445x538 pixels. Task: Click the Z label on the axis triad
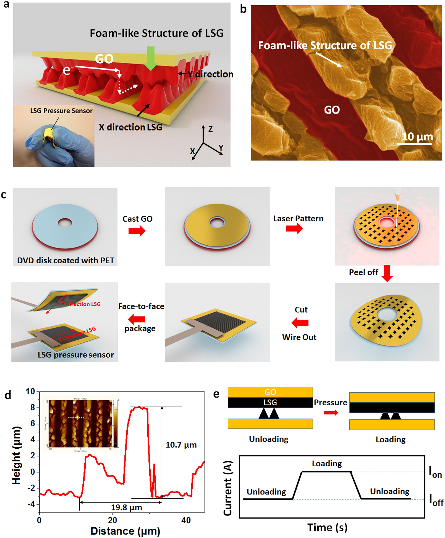point(210,129)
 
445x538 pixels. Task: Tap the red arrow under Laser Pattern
point(294,228)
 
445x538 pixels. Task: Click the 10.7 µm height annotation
point(181,445)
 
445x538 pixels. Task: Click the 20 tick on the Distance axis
point(112,520)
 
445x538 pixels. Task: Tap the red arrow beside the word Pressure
point(331,413)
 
